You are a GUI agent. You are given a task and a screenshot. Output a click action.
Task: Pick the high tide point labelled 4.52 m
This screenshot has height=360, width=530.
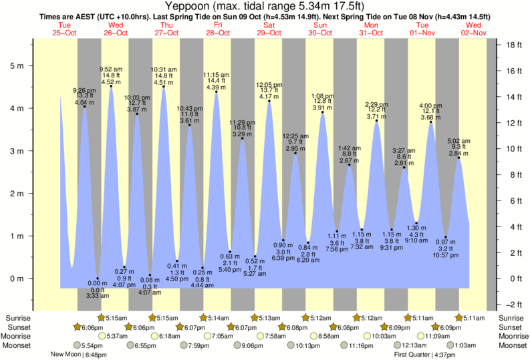[x=111, y=86]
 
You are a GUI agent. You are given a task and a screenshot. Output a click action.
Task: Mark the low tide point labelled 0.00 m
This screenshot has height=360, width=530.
[x=98, y=279]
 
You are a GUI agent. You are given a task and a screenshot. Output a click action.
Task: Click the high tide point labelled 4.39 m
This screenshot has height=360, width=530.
[x=217, y=92]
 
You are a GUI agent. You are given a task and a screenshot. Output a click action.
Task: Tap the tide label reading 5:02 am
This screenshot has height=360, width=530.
[x=458, y=141]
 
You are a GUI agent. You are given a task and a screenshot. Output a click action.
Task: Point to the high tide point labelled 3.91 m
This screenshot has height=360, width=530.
[x=323, y=112]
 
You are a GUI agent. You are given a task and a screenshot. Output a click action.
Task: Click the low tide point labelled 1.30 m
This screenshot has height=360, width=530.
[x=416, y=223]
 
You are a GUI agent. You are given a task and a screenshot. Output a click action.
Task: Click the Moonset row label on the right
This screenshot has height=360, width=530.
[x=511, y=345]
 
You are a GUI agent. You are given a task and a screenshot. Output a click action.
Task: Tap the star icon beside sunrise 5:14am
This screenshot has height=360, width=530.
[x=204, y=318]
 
